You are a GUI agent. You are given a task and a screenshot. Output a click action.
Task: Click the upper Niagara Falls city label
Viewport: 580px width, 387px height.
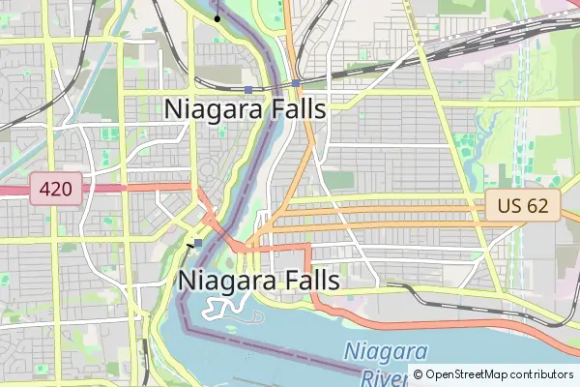tap(246, 108)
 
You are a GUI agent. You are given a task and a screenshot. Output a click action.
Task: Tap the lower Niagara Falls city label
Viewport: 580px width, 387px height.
tap(259, 280)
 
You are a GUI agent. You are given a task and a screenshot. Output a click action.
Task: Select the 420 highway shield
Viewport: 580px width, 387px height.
tap(56, 188)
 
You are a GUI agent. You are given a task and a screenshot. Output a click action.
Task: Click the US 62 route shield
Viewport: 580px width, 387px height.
tap(523, 205)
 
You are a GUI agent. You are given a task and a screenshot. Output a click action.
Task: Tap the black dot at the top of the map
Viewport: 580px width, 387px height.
tap(217, 18)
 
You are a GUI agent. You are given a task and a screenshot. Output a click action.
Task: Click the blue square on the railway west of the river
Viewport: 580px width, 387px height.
tap(248, 90)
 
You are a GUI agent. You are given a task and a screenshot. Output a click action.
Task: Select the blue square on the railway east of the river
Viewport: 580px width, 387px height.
tap(296, 83)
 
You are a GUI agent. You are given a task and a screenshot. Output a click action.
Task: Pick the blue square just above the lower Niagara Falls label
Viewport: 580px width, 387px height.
tap(198, 243)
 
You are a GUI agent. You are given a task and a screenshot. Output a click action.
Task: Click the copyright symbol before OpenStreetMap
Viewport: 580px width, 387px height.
tap(418, 374)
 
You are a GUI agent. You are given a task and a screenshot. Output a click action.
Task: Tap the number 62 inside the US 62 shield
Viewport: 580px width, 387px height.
tap(537, 205)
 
